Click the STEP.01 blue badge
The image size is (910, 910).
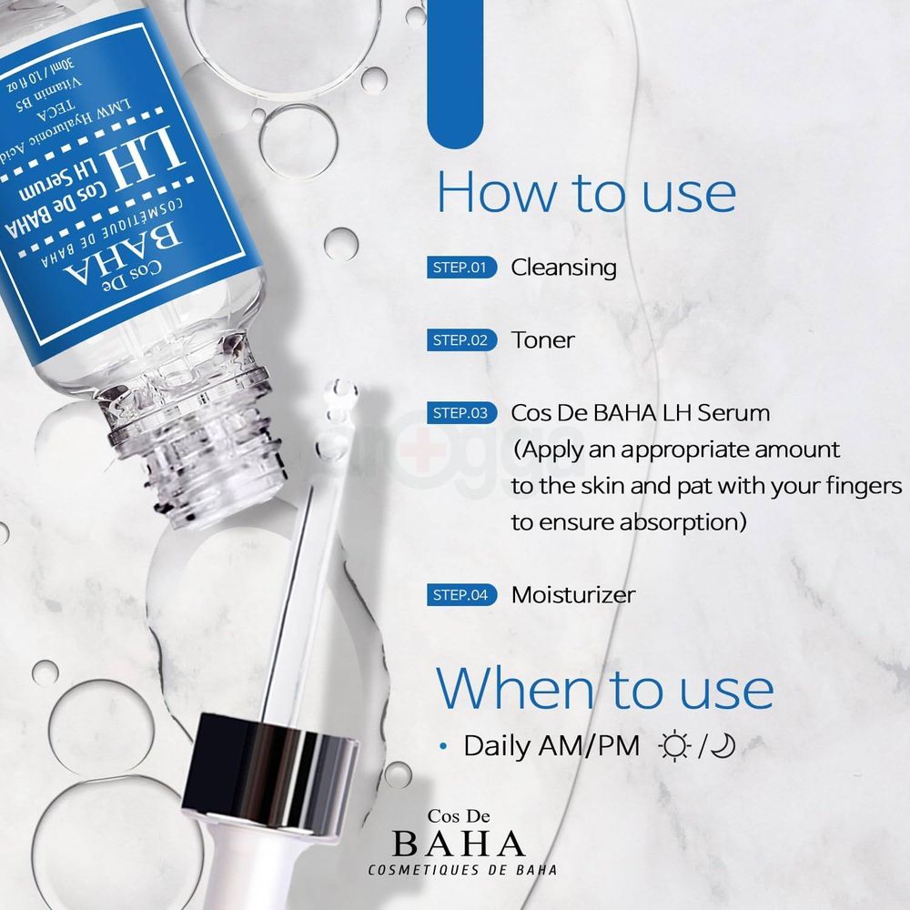[460, 268]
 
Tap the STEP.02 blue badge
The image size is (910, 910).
[460, 340]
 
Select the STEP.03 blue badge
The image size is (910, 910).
[460, 413]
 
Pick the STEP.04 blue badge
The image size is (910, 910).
[460, 595]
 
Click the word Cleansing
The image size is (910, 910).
[563, 268]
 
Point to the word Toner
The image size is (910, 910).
[542, 340]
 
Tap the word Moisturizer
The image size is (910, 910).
[573, 595]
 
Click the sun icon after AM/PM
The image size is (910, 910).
[674, 747]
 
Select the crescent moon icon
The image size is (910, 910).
[723, 747]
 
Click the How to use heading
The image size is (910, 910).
[586, 192]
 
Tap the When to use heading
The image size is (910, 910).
[605, 689]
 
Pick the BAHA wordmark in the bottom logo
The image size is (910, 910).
[458, 842]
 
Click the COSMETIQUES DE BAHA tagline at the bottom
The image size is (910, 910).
[462, 870]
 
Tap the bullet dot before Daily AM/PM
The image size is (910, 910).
[444, 747]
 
